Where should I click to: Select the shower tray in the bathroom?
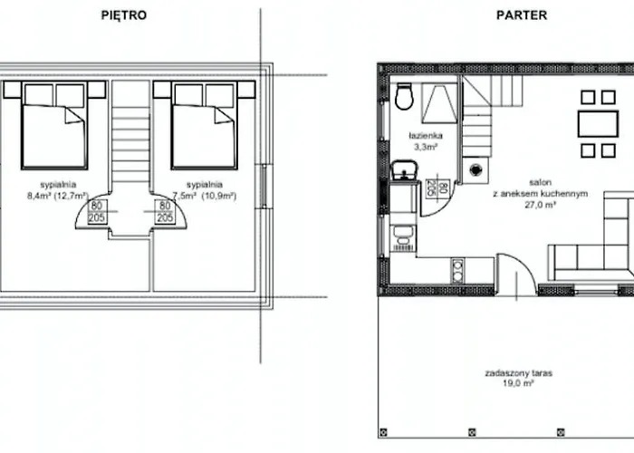coord(437,102)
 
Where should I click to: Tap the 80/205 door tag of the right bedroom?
coord(165,211)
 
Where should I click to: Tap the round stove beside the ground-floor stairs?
coord(474,169)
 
